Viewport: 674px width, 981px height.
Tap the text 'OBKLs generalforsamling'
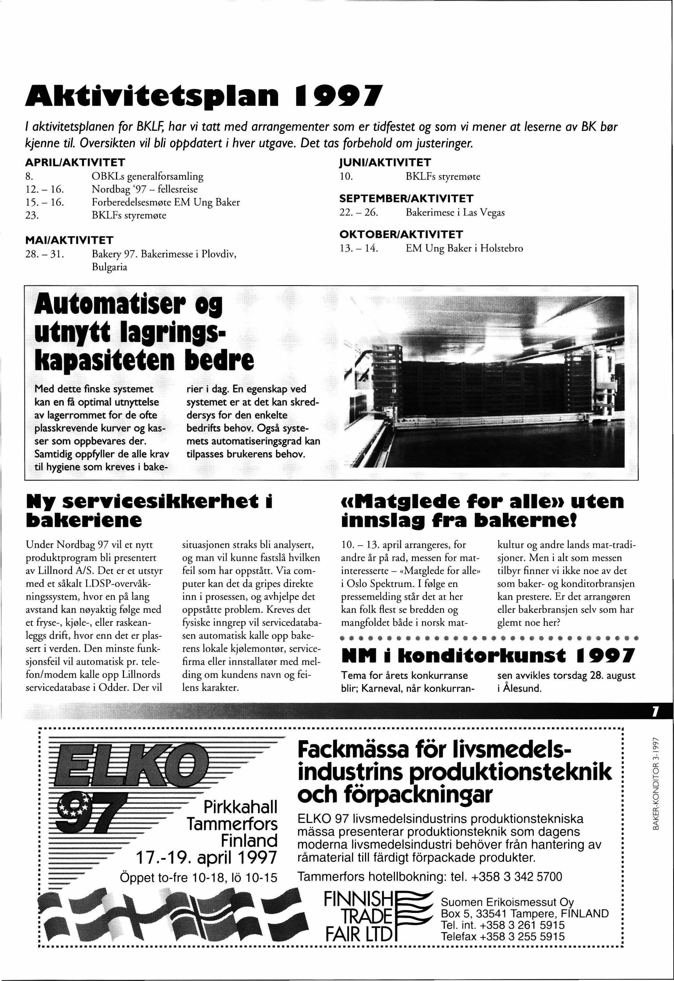click(x=147, y=176)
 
